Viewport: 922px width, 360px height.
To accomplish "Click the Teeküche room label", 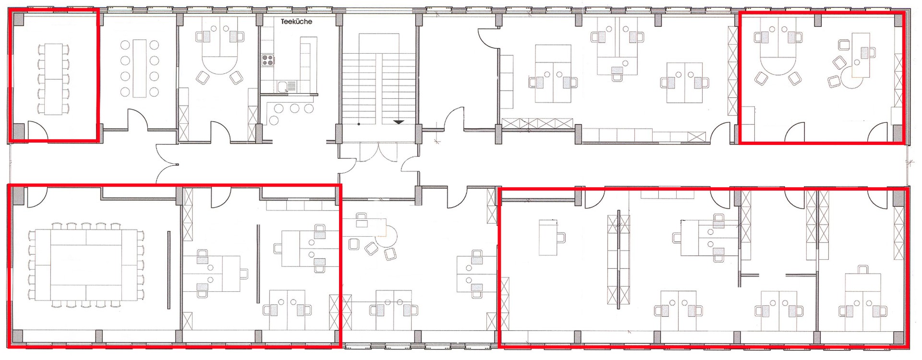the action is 296,22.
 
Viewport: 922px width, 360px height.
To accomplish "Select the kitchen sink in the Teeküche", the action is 285,86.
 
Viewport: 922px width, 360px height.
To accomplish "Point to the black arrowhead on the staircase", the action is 399,122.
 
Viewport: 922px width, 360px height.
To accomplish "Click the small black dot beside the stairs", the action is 359,124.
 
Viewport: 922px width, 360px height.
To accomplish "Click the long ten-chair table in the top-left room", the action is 53,79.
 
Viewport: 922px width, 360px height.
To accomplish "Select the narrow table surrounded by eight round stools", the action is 140,68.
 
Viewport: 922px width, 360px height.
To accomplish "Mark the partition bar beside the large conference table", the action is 169,270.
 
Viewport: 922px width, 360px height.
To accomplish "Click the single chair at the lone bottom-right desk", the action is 560,237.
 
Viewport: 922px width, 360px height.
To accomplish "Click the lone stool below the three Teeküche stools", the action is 275,120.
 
